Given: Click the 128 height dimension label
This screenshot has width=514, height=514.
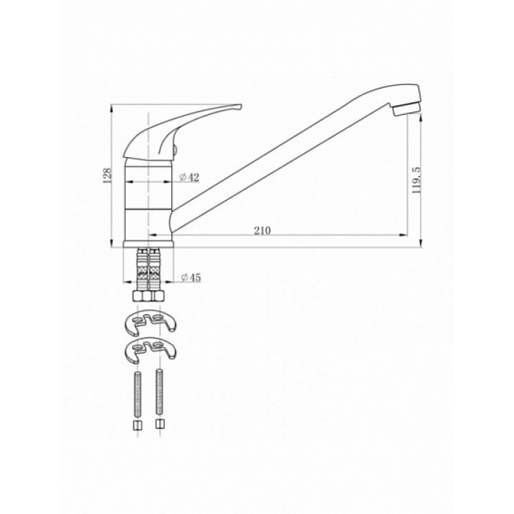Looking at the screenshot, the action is tap(109, 176).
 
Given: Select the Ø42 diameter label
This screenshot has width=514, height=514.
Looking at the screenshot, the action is tap(189, 177).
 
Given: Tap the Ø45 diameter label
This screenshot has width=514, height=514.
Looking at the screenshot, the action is tap(191, 278).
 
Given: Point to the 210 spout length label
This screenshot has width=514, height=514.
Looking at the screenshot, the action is tap(262, 231).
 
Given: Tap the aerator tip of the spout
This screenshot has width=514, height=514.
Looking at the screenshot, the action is tap(407, 109).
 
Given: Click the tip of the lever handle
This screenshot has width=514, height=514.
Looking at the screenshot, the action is tap(241, 106).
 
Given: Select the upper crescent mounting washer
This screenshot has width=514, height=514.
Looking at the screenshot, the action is tap(151, 323).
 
